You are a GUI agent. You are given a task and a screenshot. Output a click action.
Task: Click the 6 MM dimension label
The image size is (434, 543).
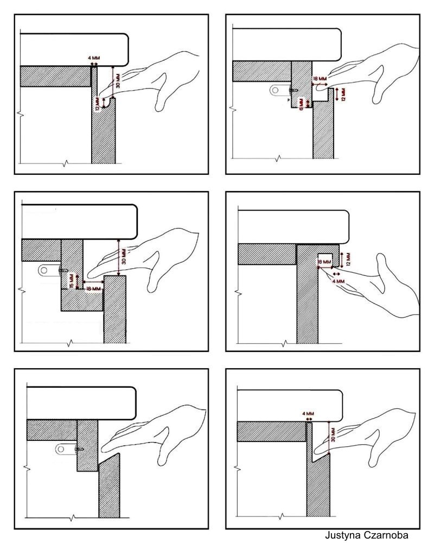[x=301, y=104]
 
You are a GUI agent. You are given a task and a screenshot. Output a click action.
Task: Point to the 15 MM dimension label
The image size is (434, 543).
[x=71, y=281]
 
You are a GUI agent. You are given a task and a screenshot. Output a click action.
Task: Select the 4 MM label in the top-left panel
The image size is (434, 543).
[x=94, y=58]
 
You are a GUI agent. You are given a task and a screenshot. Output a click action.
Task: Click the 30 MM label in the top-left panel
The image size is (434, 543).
[x=118, y=80]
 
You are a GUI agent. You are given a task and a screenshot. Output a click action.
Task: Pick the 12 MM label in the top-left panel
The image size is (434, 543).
[x=98, y=103]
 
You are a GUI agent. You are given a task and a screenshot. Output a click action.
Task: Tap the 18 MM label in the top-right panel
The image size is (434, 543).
[x=320, y=79]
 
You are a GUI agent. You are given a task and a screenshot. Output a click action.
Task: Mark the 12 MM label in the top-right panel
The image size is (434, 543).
[x=343, y=94]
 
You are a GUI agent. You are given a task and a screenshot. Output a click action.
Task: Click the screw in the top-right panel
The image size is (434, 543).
[x=292, y=90]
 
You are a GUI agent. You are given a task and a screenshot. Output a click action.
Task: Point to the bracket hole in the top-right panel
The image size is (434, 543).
[x=275, y=90]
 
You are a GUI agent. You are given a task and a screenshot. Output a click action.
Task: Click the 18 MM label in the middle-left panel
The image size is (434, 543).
[x=93, y=288]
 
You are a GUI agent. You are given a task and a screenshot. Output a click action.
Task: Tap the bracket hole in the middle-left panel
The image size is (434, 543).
[x=44, y=270]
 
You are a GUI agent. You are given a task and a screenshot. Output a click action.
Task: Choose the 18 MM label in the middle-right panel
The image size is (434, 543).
[x=324, y=262]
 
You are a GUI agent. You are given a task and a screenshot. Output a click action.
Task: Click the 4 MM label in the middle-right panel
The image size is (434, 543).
[x=338, y=281]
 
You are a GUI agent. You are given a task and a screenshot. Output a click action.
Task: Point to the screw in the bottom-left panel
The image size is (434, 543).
[x=79, y=449]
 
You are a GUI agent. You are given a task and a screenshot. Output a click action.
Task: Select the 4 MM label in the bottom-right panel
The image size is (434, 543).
[x=308, y=413]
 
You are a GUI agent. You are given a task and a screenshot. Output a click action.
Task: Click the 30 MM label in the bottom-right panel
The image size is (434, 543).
[x=333, y=434]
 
